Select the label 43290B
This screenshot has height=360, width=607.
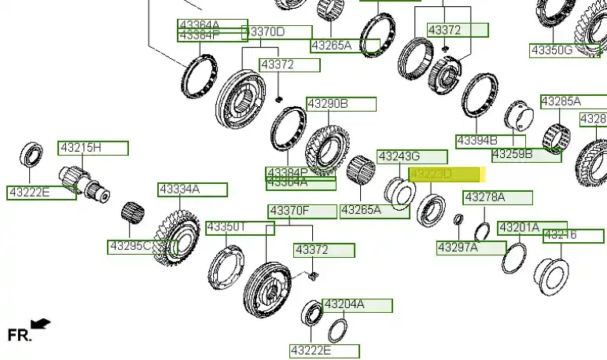[341, 104]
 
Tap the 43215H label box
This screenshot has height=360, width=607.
[93, 148]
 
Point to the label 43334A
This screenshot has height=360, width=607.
[193, 189]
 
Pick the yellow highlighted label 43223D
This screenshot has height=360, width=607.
[445, 174]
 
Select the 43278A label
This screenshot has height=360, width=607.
[498, 197]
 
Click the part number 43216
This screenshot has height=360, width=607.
[573, 235]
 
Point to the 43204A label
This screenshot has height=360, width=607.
[357, 305]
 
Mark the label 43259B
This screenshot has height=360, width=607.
[526, 154]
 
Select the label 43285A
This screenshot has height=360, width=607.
[573, 101]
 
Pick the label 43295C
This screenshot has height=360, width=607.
[142, 246]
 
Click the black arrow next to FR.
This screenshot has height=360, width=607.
[42, 322]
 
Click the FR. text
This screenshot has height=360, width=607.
[19, 335]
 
